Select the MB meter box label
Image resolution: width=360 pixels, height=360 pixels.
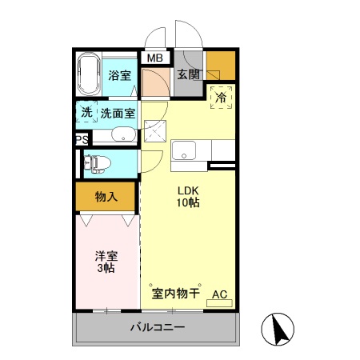[x=155, y=58]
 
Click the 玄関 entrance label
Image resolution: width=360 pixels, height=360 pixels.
[x=189, y=75]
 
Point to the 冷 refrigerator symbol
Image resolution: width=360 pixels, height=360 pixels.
[x=220, y=98]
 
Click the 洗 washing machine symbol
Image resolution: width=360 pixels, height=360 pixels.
[x=86, y=113]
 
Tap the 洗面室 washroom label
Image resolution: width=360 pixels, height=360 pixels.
[x=118, y=113]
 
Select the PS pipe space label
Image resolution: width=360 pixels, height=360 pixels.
[x=81, y=140]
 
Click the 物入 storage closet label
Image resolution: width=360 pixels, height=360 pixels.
[x=106, y=196]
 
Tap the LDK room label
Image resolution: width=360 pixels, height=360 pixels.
[x=189, y=190]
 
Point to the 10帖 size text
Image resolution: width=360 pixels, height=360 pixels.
[x=189, y=203]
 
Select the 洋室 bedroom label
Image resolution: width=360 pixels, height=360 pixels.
[x=106, y=256]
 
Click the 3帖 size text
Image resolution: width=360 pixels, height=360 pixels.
[x=106, y=270]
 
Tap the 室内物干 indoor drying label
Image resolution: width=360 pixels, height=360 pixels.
[x=175, y=294]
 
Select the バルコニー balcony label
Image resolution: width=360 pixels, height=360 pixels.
[x=158, y=328]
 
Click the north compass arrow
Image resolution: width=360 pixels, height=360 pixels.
[x=281, y=329]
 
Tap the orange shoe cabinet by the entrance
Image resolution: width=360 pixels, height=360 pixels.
[x=220, y=65]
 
